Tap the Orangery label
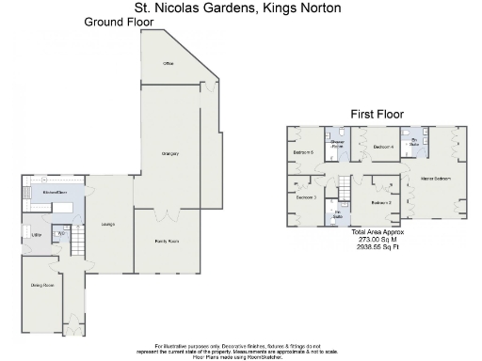[170, 153]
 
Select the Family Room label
[167, 242]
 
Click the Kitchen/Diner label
[54, 192]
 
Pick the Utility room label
[37, 234]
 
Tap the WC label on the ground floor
[61, 233]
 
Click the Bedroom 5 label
[303, 151]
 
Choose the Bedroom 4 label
[382, 148]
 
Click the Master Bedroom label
[435, 178]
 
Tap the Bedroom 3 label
[306, 197]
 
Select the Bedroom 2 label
[380, 202]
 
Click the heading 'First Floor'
[377, 114]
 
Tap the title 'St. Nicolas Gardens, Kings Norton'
[237, 8]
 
